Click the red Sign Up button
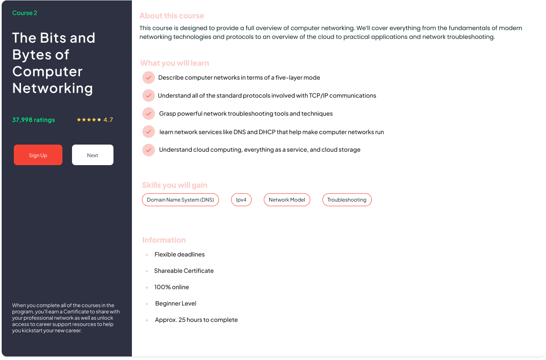(x=38, y=155)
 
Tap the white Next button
(x=93, y=155)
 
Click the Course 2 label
(x=25, y=13)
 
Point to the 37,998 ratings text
(x=33, y=120)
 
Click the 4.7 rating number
(x=108, y=120)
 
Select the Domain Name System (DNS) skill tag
(x=180, y=200)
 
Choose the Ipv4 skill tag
(x=241, y=200)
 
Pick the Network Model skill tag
(x=287, y=200)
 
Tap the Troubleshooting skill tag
(x=347, y=200)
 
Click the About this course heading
(x=172, y=16)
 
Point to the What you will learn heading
(x=175, y=63)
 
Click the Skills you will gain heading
(x=175, y=185)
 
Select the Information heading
(x=164, y=240)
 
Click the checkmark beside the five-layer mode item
(x=149, y=78)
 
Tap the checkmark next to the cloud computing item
(x=149, y=150)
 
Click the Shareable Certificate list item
(x=184, y=271)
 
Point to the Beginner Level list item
(x=175, y=303)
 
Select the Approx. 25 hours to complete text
(x=196, y=320)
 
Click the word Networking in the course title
(x=53, y=88)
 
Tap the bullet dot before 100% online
(x=147, y=287)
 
